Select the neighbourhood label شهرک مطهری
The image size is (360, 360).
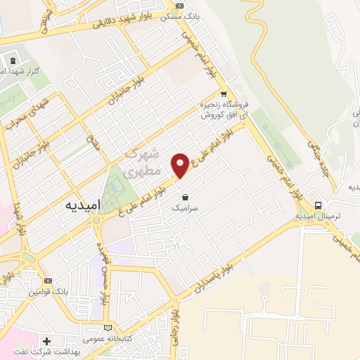141,162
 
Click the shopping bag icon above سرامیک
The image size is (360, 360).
185,198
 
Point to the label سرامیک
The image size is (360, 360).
185,208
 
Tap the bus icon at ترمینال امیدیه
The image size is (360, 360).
320,206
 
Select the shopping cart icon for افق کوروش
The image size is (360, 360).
224,94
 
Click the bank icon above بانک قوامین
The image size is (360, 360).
47,281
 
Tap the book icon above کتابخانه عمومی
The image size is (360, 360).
107,327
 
